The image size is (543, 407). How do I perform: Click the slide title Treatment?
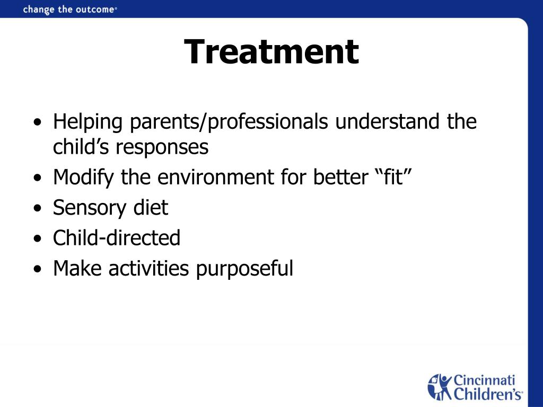(x=271, y=51)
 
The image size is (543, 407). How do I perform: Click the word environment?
(x=215, y=178)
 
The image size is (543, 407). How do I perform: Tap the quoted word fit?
(x=394, y=177)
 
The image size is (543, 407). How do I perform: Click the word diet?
(x=151, y=207)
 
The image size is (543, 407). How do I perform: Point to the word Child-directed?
(x=117, y=238)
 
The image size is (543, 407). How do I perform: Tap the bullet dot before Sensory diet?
(x=38, y=209)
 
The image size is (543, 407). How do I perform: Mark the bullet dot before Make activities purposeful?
(x=38, y=269)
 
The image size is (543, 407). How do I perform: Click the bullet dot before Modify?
(x=38, y=178)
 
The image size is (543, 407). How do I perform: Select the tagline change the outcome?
(x=69, y=10)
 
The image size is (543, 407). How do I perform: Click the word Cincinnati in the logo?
(x=484, y=380)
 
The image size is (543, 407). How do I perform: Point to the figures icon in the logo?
(x=440, y=387)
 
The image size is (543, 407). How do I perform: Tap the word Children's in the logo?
(x=488, y=394)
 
